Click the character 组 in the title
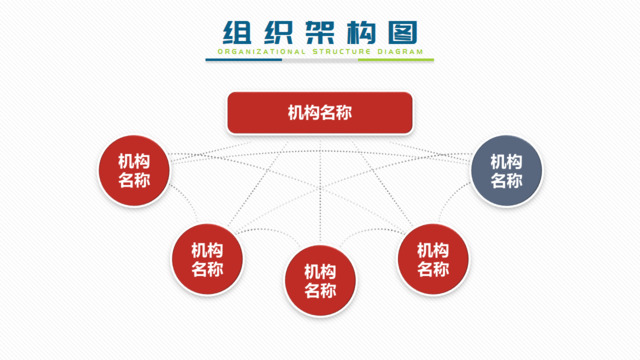tap(236, 32)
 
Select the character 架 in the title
tap(319, 32)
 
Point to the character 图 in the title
tap(402, 32)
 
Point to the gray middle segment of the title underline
tap(320, 59)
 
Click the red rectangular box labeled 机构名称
tap(320, 114)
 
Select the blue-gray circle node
tap(507, 171)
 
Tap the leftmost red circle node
tap(134, 170)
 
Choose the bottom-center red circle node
tap(320, 280)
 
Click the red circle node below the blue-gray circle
tap(432, 259)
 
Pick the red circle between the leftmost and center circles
tap(208, 259)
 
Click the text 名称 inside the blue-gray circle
tap(507, 182)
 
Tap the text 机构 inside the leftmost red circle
tap(134, 160)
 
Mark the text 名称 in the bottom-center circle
tap(320, 291)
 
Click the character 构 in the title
tap(361, 32)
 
